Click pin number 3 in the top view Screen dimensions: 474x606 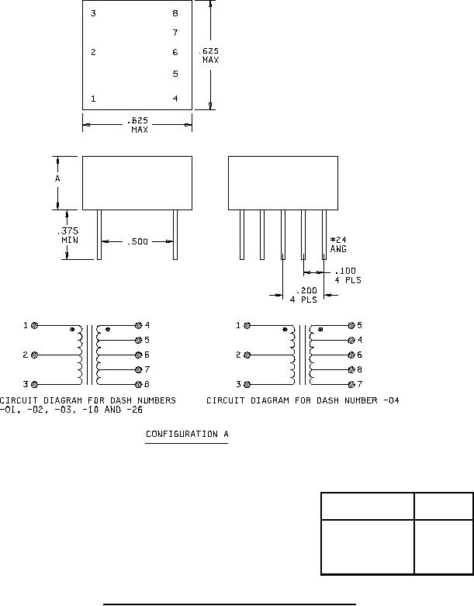[x=93, y=13]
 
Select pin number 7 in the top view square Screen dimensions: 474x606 [x=175, y=33]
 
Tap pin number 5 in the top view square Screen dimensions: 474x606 [x=175, y=74]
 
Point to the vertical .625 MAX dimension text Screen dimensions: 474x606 [x=209, y=55]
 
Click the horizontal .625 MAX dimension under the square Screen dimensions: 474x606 [x=138, y=125]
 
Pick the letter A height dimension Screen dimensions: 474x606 [x=57, y=178]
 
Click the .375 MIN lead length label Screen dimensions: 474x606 [x=68, y=235]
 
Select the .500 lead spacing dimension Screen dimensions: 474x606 [x=137, y=241]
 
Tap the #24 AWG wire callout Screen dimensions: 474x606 [x=338, y=244]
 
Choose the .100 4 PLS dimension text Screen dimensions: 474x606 [x=348, y=275]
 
